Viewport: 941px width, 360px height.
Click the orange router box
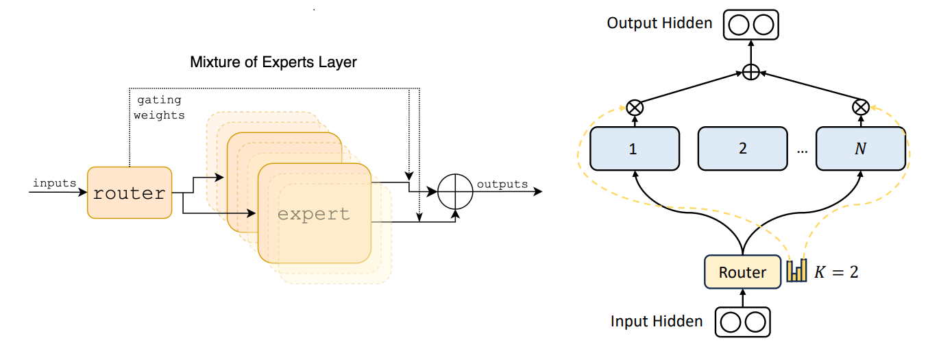coord(129,193)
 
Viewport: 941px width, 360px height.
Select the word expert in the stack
coord(314,214)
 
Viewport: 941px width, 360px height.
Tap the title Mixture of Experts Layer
coord(273,62)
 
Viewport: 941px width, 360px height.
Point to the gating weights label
coord(159,108)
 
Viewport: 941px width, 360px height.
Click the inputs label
coord(55,183)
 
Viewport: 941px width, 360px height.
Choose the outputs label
coord(502,184)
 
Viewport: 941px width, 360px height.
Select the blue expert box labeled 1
coord(634,148)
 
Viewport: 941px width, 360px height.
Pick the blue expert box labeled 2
coord(742,148)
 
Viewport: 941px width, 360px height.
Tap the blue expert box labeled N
coord(860,148)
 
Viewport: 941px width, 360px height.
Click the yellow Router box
coord(743,272)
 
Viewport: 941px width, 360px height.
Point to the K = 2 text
coord(835,272)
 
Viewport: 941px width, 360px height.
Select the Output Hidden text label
coord(659,23)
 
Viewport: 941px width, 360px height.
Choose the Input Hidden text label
coord(657,321)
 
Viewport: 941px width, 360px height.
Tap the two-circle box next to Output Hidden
coord(751,25)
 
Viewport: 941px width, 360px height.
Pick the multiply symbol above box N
coord(861,107)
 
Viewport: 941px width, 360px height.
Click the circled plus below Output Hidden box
coord(751,72)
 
